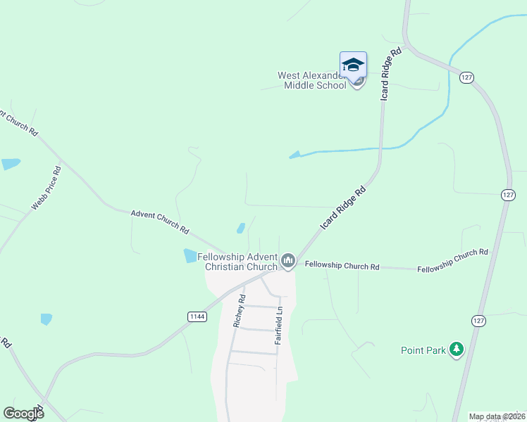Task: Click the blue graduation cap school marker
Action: point(353,65)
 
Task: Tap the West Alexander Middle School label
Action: point(311,80)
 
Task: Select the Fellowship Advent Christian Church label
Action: point(237,262)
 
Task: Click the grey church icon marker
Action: point(287,262)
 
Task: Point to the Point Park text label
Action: point(423,350)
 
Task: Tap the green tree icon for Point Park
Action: point(457,349)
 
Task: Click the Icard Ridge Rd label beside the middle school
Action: point(391,73)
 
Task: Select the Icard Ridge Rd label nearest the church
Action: point(343,207)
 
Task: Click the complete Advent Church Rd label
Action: point(160,221)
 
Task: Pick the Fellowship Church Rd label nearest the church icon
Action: point(342,266)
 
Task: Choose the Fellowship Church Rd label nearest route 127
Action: point(452,260)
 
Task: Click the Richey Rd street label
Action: point(239,310)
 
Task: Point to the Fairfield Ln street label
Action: point(279,325)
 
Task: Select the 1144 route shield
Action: point(198,317)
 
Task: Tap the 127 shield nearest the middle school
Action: point(466,77)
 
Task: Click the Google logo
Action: point(23,413)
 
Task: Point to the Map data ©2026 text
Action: point(497,416)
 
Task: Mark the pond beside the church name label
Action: point(190,256)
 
